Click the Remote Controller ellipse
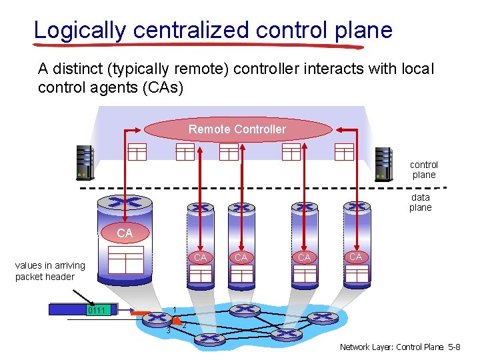(x=237, y=129)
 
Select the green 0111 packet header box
(x=101, y=310)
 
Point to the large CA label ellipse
(x=124, y=233)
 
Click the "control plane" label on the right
(x=424, y=170)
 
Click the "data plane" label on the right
(x=421, y=202)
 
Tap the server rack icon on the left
(x=85, y=162)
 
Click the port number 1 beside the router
(x=174, y=309)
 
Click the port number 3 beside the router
(x=169, y=330)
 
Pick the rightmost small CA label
(x=356, y=257)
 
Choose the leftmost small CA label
(x=200, y=257)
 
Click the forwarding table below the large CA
(x=125, y=260)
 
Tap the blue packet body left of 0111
(x=67, y=310)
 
